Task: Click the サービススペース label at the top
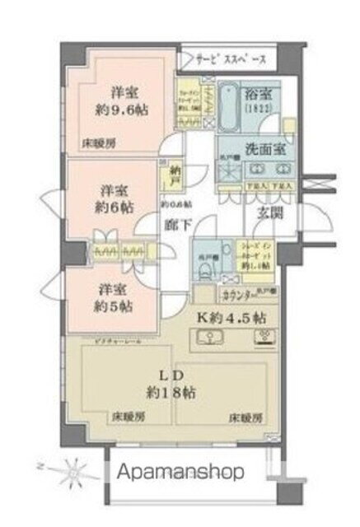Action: pyautogui.click(x=230, y=60)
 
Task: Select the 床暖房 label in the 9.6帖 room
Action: pyautogui.click(x=97, y=142)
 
